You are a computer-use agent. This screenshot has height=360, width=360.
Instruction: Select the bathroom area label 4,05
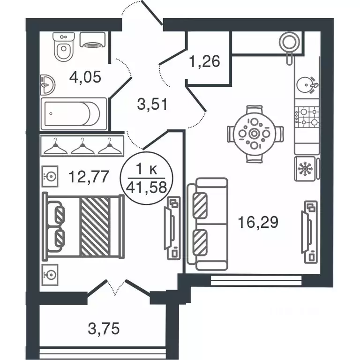coord(84,76)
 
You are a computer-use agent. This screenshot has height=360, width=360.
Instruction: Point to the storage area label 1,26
coord(204,61)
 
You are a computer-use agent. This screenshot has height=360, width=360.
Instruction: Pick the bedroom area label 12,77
coord(89,177)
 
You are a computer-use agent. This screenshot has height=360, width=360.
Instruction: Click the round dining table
coord(255,134)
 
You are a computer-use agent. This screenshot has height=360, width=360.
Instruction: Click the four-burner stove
coord(307,117)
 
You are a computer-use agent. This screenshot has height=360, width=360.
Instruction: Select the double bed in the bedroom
coord(83,226)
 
